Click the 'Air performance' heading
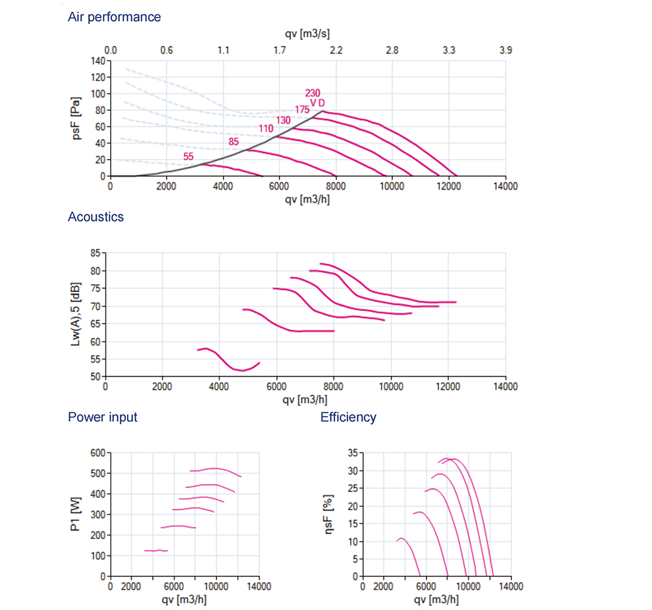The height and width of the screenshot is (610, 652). (114, 17)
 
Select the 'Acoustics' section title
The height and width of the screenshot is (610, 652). (95, 217)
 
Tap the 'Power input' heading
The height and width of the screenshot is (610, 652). (102, 417)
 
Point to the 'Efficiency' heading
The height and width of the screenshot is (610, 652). (348, 417)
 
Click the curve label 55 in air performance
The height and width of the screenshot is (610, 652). (188, 156)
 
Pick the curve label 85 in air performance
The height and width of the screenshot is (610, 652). (233, 141)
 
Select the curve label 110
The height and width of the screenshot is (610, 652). (266, 128)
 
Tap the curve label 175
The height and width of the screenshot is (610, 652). (302, 109)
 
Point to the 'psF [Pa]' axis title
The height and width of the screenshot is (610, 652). (76, 118)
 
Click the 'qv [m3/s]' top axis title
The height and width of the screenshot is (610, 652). (308, 33)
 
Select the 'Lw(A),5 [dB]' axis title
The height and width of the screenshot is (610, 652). (76, 313)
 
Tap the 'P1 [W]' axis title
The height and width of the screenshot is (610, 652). (76, 514)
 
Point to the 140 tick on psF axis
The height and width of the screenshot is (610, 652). (97, 61)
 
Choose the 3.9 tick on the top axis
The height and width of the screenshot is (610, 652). (505, 50)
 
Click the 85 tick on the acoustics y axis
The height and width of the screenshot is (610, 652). (95, 253)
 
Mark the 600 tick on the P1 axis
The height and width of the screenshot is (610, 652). (97, 452)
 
